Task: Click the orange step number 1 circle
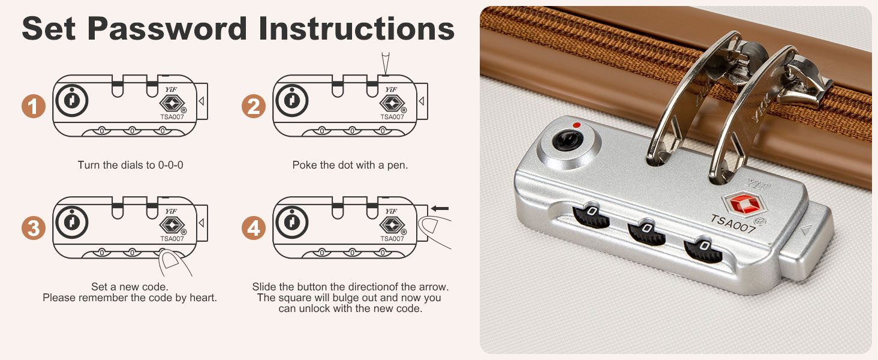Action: [34, 106]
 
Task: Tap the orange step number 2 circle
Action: [254, 106]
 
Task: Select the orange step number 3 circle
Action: [34, 228]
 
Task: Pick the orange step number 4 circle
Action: [254, 228]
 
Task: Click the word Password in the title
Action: [167, 29]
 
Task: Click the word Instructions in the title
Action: [356, 29]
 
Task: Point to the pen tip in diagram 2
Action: [386, 74]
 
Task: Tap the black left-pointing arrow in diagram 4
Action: [440, 209]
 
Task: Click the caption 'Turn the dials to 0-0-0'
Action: [130, 165]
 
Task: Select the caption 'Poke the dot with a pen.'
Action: [350, 165]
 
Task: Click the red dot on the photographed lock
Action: [576, 125]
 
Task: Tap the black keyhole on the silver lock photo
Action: [567, 140]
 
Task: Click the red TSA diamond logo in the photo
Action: [742, 204]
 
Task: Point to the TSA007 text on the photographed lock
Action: [733, 224]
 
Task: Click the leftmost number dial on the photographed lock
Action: [591, 215]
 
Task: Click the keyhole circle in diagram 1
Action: [72, 100]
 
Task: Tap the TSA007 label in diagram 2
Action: [392, 116]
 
